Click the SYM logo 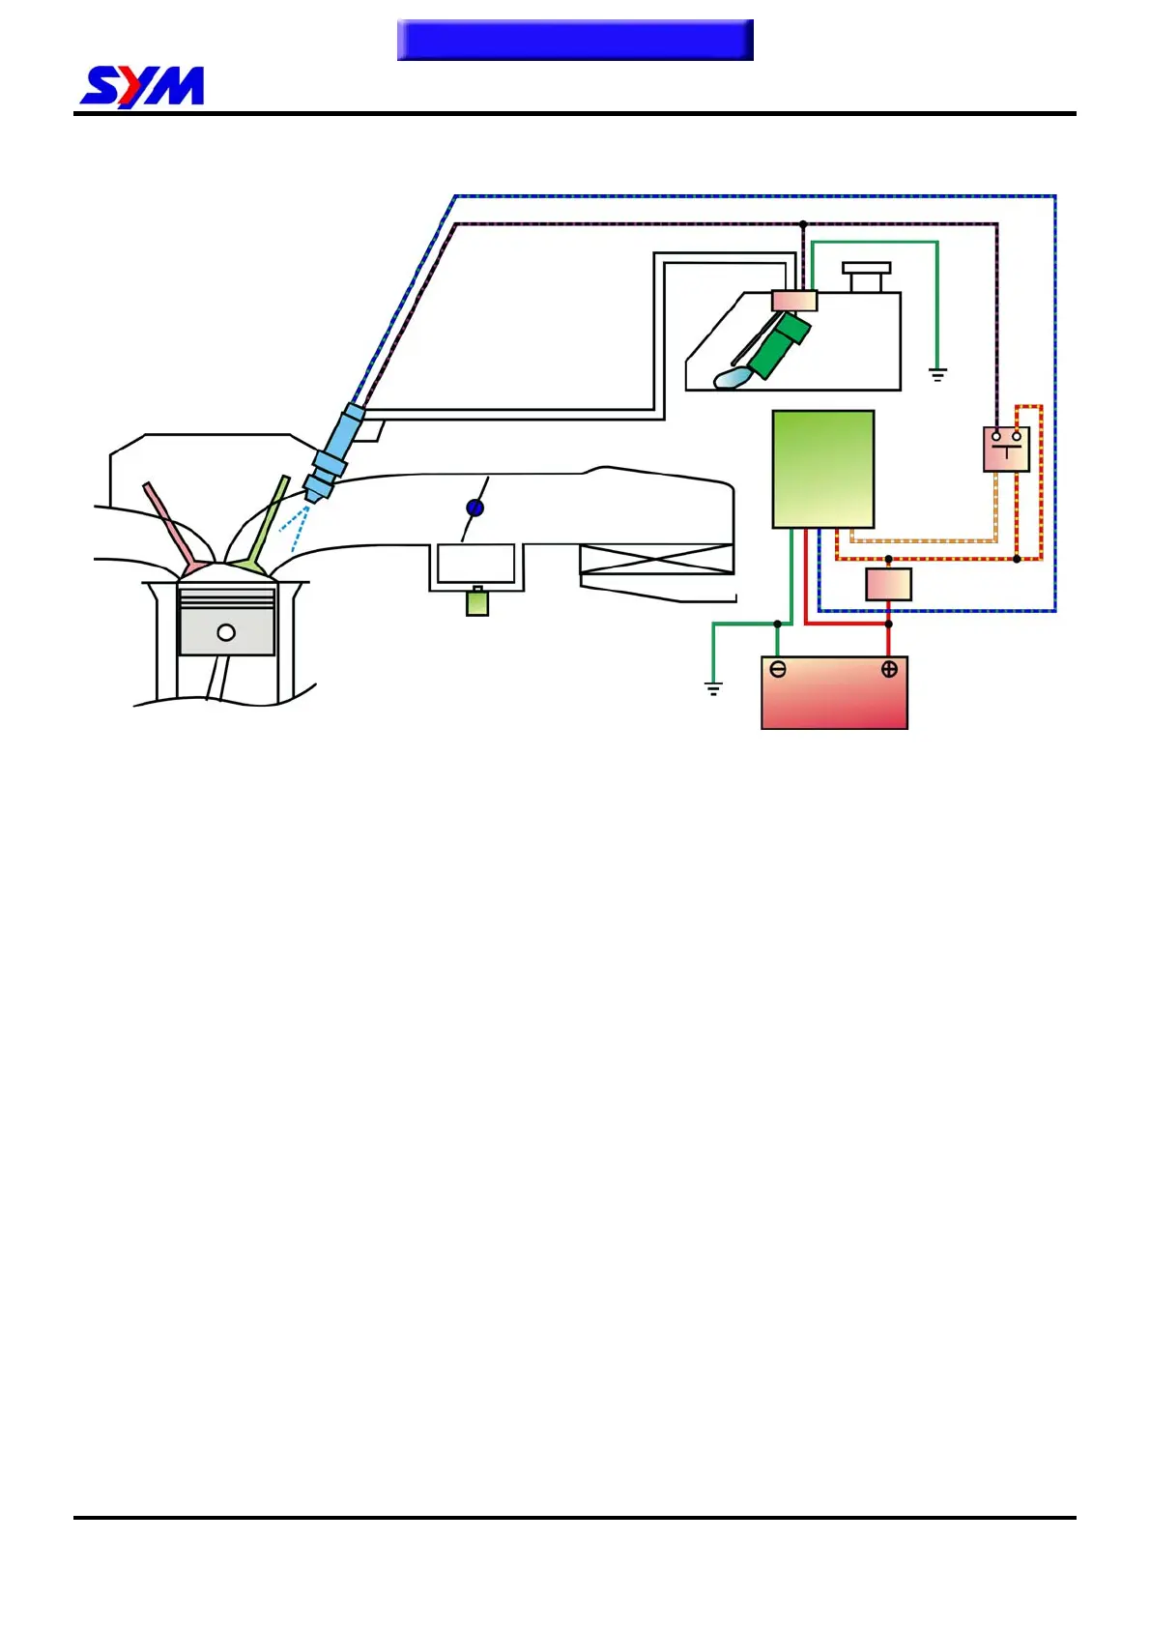pyautogui.click(x=142, y=87)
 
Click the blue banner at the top pyautogui.click(x=575, y=40)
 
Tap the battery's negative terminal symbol pyautogui.click(x=778, y=669)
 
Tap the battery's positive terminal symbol pyautogui.click(x=889, y=669)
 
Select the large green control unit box pyautogui.click(x=823, y=470)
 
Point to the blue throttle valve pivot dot pyautogui.click(x=474, y=508)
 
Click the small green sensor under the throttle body pyautogui.click(x=477, y=602)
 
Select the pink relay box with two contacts pyautogui.click(x=1006, y=450)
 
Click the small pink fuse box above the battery pyautogui.click(x=888, y=585)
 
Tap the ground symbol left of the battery pyautogui.click(x=713, y=688)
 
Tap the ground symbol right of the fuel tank pyautogui.click(x=937, y=374)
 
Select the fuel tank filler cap pyautogui.click(x=866, y=275)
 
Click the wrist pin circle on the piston pyautogui.click(x=226, y=632)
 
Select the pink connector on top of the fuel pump pyautogui.click(x=794, y=301)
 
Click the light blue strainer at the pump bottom pyautogui.click(x=733, y=378)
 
